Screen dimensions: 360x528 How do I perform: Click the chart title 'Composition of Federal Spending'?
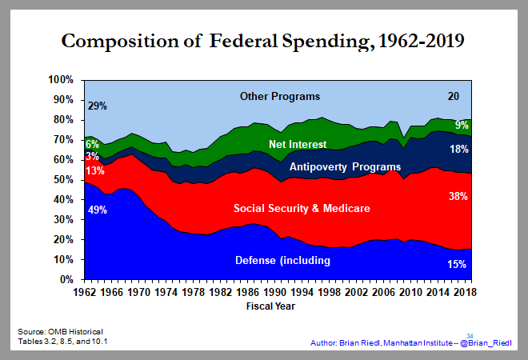click(265, 41)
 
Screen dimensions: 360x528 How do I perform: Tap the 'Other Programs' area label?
click(279, 97)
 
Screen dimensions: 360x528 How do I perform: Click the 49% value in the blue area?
click(98, 210)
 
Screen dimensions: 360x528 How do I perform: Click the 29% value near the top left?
click(97, 105)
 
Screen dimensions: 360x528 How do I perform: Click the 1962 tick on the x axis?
click(86, 294)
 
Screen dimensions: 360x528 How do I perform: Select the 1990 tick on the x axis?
click(274, 294)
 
